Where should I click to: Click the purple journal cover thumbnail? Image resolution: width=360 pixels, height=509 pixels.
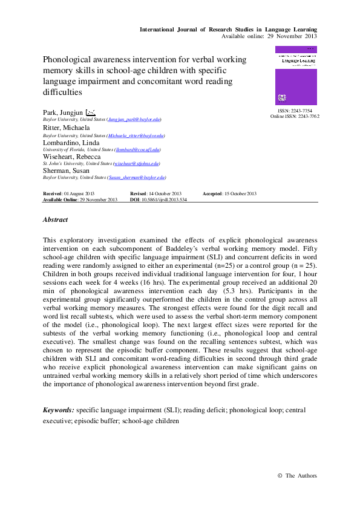[x=296, y=76]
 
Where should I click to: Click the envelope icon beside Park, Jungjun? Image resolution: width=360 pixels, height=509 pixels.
[x=91, y=112]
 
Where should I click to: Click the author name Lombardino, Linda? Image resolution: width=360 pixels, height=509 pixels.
[x=70, y=141]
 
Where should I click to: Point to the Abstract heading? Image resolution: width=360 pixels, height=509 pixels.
[x=55, y=220]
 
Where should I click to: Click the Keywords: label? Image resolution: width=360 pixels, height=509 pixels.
[x=59, y=410]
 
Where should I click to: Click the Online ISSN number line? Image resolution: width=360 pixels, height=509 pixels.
[x=295, y=116]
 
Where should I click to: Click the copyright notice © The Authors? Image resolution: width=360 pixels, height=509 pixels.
[x=296, y=476]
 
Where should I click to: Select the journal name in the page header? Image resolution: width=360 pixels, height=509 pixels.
[x=228, y=30]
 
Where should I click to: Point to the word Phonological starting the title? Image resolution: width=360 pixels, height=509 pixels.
[x=67, y=60]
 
